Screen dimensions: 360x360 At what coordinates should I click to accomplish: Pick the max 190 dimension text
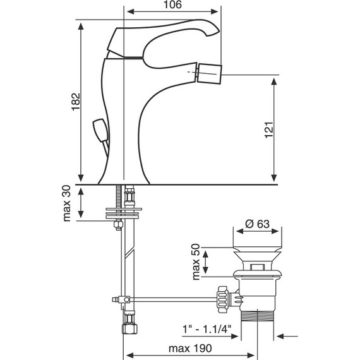pyautogui.click(x=189, y=349)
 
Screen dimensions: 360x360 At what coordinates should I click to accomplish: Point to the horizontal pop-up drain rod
pyautogui.click(x=171, y=298)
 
